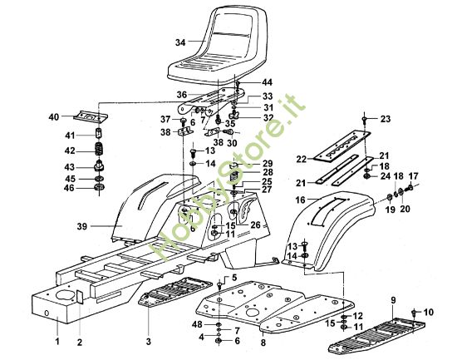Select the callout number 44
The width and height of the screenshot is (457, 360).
click(x=267, y=82)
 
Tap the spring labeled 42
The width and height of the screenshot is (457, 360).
click(x=100, y=150)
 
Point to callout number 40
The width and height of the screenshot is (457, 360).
click(x=54, y=117)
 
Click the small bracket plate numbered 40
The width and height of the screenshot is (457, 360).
click(x=91, y=116)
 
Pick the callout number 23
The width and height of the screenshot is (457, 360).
click(x=386, y=119)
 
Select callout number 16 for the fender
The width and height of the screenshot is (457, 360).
click(x=300, y=200)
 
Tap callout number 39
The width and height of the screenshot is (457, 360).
click(x=82, y=226)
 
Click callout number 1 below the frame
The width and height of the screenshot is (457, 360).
click(x=57, y=342)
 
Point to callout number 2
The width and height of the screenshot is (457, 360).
click(x=80, y=342)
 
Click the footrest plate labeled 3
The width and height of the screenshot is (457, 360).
click(x=175, y=292)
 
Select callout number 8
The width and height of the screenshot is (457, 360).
click(x=263, y=342)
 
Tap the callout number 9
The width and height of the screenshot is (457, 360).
click(x=394, y=300)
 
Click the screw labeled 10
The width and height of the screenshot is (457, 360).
click(x=413, y=313)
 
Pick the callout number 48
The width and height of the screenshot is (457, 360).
click(x=197, y=324)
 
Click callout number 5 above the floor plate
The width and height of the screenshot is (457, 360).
click(x=234, y=278)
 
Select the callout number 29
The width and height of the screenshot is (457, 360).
click(x=267, y=163)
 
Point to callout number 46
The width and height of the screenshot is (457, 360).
click(x=69, y=188)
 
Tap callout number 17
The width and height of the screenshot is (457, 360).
click(x=414, y=176)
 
